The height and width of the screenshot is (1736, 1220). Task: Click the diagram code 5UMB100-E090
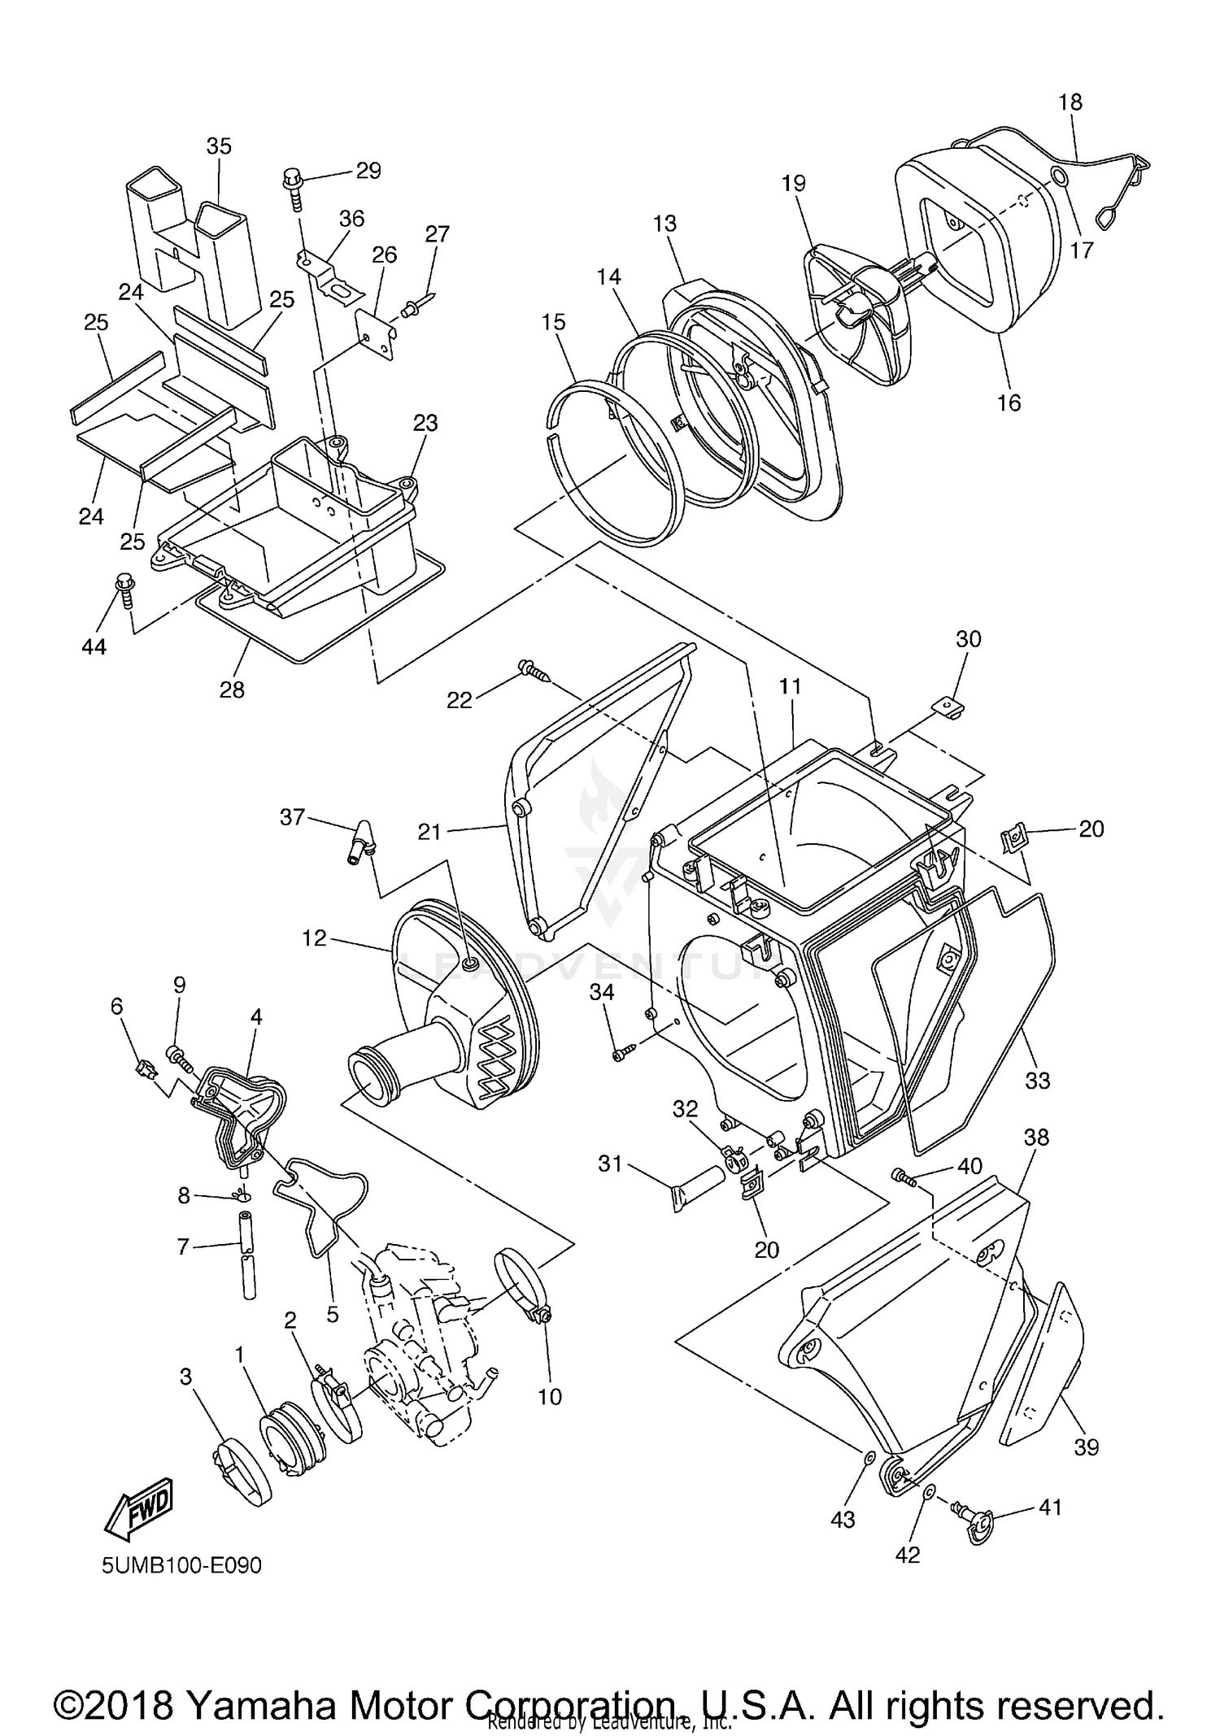(x=182, y=1565)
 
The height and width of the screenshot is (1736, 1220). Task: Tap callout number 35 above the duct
(x=219, y=146)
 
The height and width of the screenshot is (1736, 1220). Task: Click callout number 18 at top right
(x=1071, y=102)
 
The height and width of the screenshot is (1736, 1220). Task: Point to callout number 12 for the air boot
(x=314, y=938)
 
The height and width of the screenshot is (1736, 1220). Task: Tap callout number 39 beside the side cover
(x=1087, y=1447)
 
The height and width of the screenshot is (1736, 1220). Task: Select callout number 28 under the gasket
(x=232, y=690)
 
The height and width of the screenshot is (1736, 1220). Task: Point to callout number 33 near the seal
(x=1038, y=1081)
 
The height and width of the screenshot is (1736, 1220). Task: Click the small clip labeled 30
(x=948, y=706)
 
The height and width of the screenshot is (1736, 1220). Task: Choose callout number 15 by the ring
(x=553, y=322)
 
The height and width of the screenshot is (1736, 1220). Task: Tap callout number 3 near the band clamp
(x=186, y=1377)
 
